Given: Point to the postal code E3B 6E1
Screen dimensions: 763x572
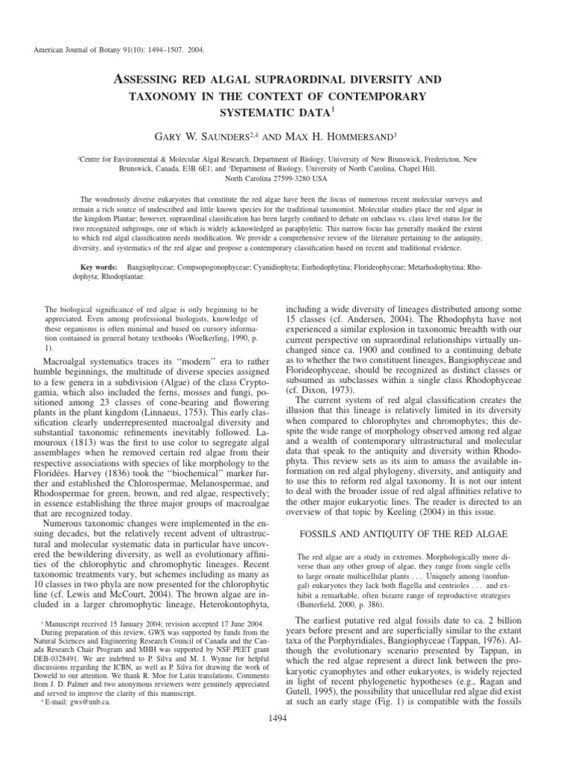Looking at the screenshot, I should (196, 168).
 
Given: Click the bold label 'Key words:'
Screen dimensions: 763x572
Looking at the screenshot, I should (99, 266).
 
